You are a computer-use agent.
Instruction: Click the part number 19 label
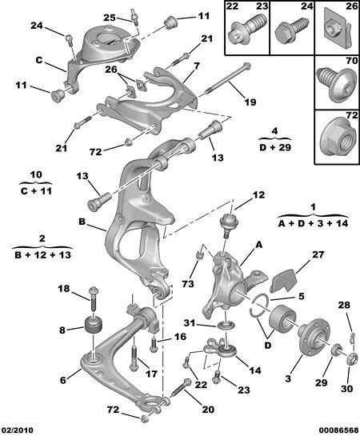pos(250,102)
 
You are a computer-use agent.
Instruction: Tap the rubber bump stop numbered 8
pos(93,324)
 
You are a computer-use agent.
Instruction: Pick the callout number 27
pos(318,254)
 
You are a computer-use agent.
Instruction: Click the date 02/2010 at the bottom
pos(17,430)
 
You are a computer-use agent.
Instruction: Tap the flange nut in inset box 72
pos(338,137)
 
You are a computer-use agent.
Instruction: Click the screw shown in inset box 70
pos(337,82)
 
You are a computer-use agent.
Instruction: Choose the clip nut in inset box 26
pos(336,30)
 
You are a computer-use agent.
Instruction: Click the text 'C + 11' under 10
pos(36,191)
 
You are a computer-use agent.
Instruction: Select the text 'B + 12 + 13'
pos(43,254)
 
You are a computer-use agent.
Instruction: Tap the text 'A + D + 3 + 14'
pos(313,223)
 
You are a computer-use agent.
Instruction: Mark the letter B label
pos(82,222)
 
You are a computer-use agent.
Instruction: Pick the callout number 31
pos(190,323)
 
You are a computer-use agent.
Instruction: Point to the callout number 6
pos(63,379)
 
